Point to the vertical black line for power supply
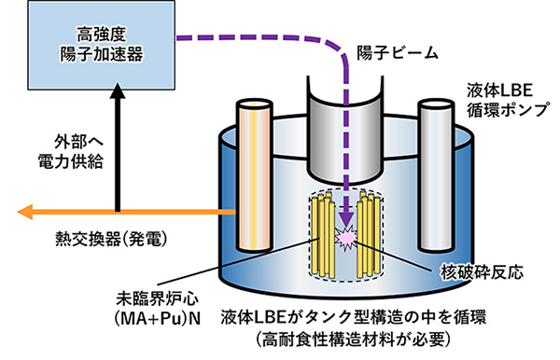(119, 154)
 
